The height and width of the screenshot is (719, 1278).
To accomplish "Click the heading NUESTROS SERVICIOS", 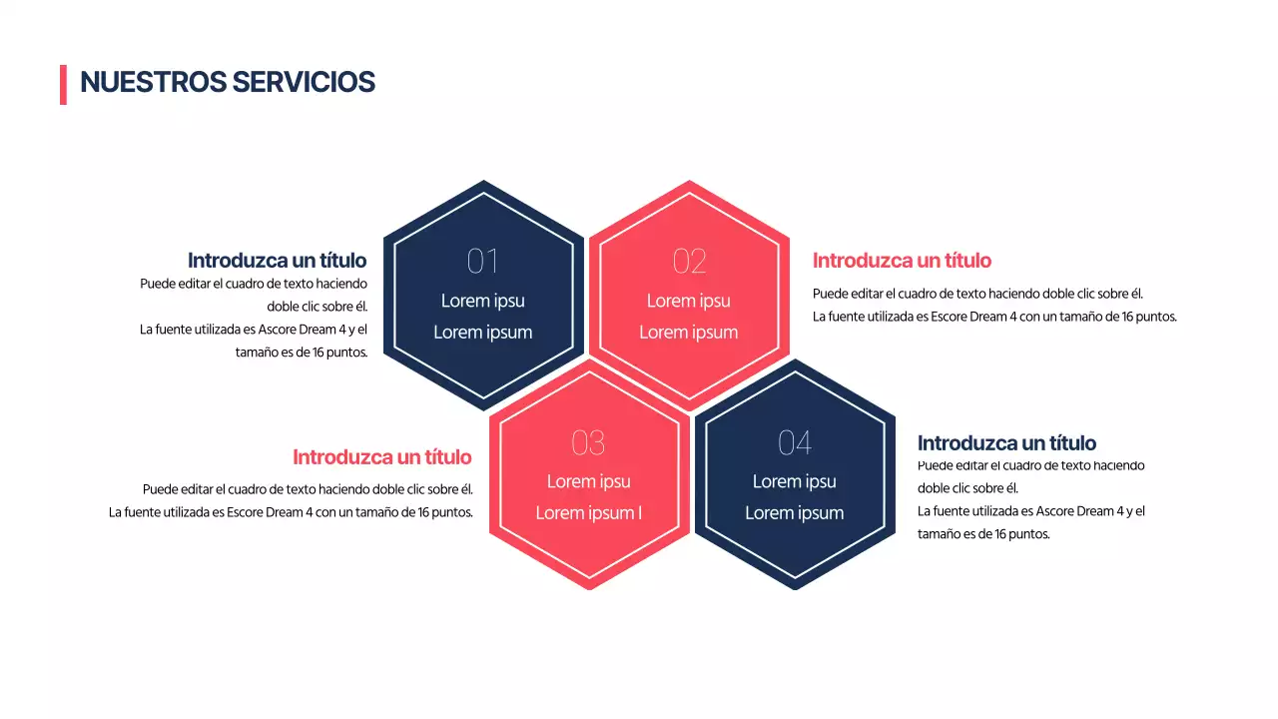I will click(x=228, y=83).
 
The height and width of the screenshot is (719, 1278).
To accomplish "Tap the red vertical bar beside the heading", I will click(x=63, y=84).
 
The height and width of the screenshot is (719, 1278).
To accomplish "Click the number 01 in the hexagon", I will click(x=482, y=262).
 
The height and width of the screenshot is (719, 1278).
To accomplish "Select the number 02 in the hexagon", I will click(x=689, y=262).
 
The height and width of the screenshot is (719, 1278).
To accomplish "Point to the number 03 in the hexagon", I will click(x=588, y=442).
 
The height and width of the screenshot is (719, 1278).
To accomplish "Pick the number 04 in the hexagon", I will click(x=794, y=442).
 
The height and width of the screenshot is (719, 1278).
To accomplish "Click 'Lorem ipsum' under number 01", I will click(x=483, y=333).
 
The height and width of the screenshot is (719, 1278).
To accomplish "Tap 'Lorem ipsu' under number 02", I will click(x=689, y=301).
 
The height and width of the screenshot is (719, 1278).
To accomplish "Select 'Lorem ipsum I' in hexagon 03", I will click(x=589, y=513).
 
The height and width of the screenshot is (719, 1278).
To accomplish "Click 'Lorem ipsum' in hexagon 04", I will click(x=795, y=513).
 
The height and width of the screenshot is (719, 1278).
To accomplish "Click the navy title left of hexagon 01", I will click(x=277, y=261).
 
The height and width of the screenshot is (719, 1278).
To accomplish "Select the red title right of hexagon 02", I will click(x=902, y=261).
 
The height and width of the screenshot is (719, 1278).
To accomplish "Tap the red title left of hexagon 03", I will click(x=381, y=457).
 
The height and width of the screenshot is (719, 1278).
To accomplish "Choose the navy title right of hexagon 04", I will click(x=1006, y=443).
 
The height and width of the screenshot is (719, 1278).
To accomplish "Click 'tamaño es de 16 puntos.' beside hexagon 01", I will click(x=302, y=353).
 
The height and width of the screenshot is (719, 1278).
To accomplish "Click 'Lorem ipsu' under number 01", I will click(x=483, y=301).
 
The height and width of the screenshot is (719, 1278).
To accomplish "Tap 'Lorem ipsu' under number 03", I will click(x=589, y=481).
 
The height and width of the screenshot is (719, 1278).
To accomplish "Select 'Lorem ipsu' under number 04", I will click(x=795, y=481).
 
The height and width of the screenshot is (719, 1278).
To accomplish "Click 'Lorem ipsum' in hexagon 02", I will click(x=689, y=333).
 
